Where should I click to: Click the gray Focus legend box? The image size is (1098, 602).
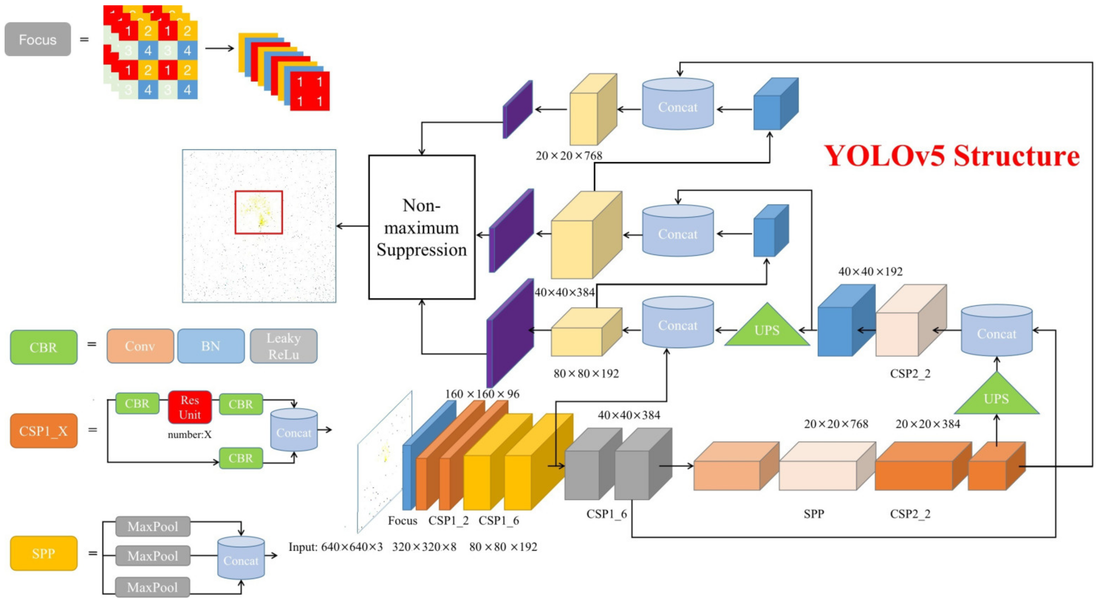coord(37,40)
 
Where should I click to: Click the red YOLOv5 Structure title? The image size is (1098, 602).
coord(951,156)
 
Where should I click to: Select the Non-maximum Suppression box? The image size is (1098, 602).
coord(421,227)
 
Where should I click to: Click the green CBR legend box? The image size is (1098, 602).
coord(43,348)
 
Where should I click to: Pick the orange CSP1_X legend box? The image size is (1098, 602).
coord(43,431)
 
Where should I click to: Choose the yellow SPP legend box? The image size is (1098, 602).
coord(43,553)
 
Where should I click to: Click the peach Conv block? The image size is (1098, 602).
coord(140,346)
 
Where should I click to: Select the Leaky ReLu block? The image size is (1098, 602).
coord(283,346)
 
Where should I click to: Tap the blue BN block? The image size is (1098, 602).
coord(211,346)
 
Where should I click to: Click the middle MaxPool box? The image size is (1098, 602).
coord(153,556)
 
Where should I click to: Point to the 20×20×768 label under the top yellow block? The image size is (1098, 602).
coord(569,156)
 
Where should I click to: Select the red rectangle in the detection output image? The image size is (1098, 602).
coord(259,212)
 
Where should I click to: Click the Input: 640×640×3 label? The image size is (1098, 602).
coord(336,547)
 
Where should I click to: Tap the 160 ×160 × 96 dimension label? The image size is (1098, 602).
coord(482,394)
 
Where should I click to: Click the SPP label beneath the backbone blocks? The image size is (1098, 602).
coord(814,514)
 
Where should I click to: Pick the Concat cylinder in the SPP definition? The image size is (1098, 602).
coord(241,558)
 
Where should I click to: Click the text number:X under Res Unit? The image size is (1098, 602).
coord(189,435)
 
